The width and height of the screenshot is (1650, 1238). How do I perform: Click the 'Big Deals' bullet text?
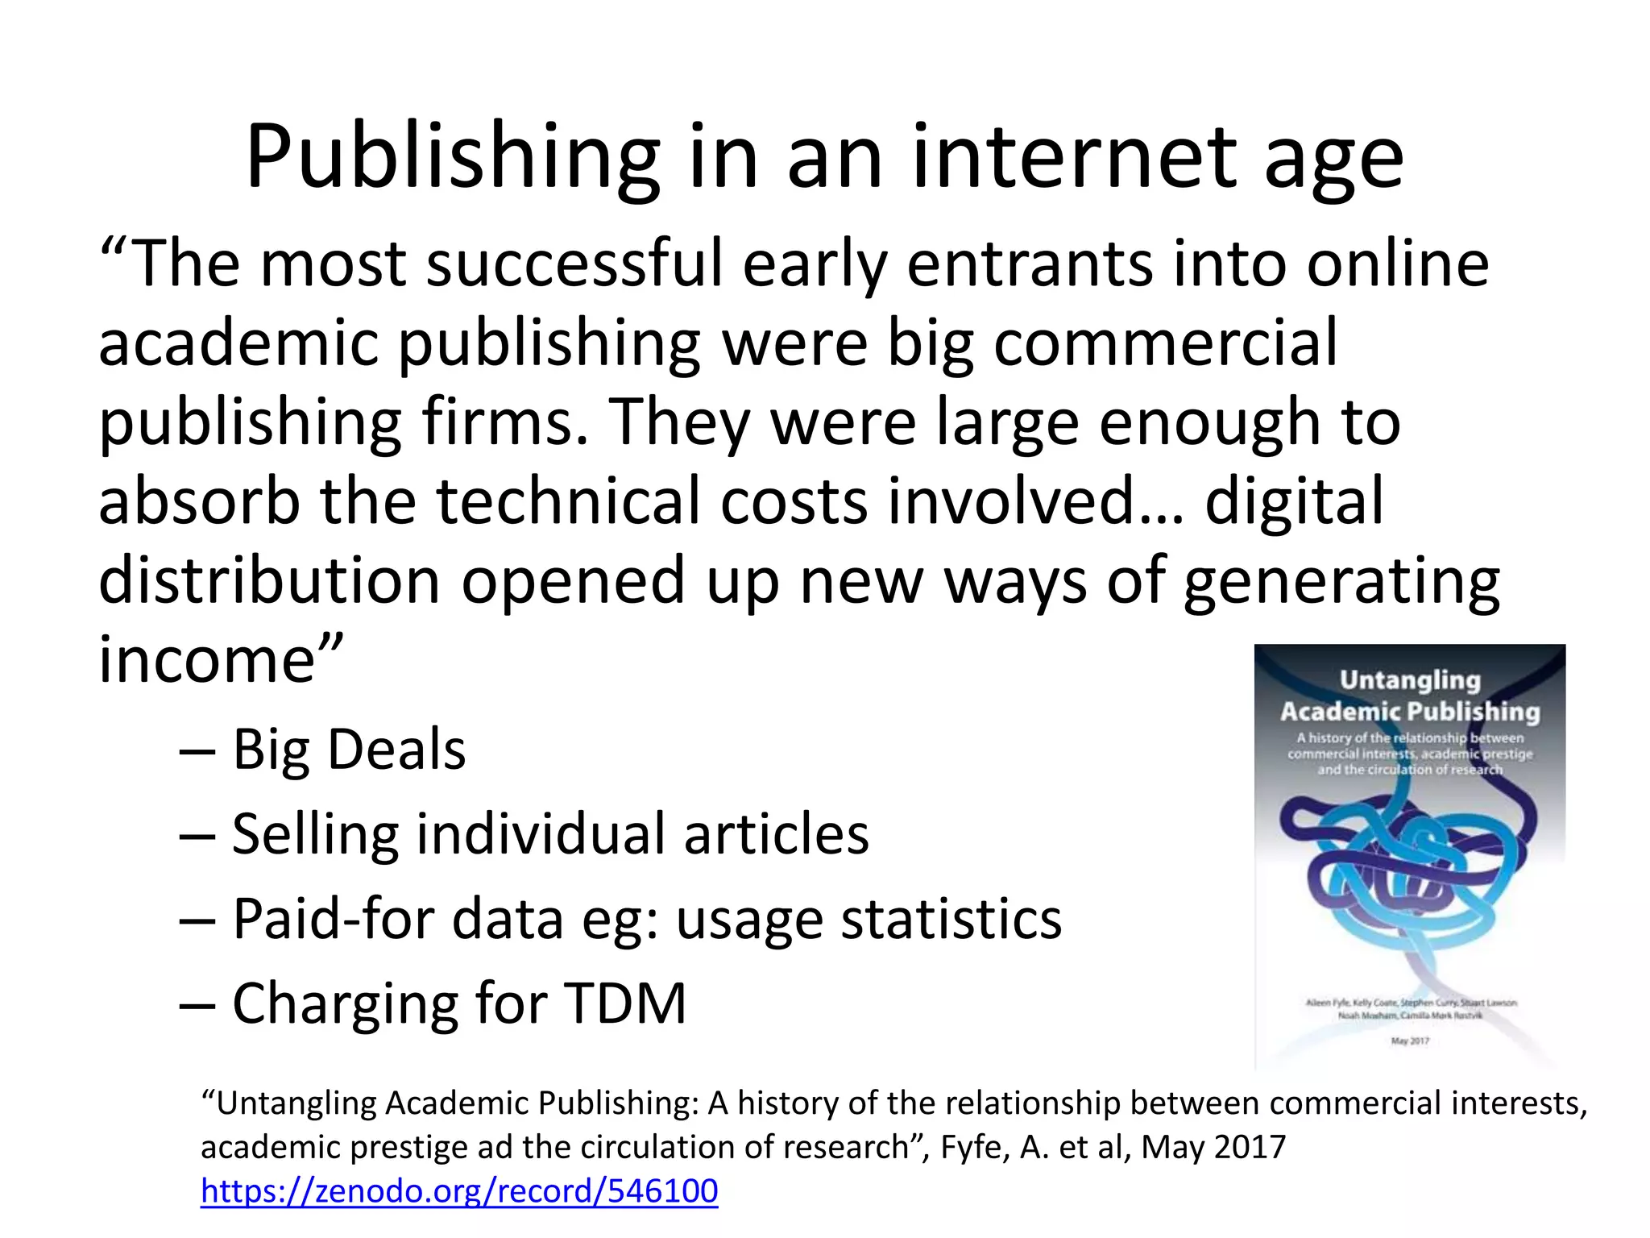point(349,750)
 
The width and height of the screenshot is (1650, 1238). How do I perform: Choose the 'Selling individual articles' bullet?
point(550,834)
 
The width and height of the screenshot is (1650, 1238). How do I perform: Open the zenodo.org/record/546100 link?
point(459,1191)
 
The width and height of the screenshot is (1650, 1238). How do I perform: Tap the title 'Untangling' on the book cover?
point(1410,680)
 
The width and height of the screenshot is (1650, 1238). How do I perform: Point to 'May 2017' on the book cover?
point(1410,1041)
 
